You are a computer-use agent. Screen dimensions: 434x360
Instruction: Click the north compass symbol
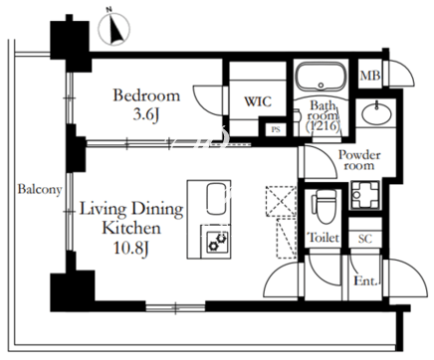pyautogui.click(x=114, y=29)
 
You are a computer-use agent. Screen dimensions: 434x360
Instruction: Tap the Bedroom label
pyautogui.click(x=146, y=95)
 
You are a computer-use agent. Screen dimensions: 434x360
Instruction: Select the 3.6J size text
pyautogui.click(x=146, y=114)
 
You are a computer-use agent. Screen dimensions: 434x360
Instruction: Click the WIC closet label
pyautogui.click(x=258, y=101)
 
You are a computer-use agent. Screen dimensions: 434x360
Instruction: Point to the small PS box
pyautogui.click(x=276, y=129)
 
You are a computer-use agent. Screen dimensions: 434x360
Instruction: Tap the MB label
pyautogui.click(x=370, y=76)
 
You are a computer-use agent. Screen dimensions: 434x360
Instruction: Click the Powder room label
pyautogui.click(x=359, y=160)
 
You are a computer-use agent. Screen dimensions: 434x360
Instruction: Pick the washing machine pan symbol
pyautogui.click(x=364, y=195)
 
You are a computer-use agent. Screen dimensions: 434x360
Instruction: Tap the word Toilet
pyautogui.click(x=324, y=238)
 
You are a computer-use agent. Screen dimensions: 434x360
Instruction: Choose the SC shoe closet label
pyautogui.click(x=365, y=239)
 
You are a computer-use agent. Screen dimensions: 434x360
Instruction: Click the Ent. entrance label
pyautogui.click(x=366, y=281)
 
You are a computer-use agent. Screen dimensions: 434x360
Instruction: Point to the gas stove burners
pyautogui.click(x=217, y=242)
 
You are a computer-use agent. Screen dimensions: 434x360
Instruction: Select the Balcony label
pyautogui.click(x=40, y=190)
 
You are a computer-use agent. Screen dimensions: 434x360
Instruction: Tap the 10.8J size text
pyautogui.click(x=131, y=249)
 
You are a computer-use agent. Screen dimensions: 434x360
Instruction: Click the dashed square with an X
pyautogui.click(x=281, y=201)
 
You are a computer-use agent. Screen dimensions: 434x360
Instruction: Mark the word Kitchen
pyautogui.click(x=131, y=228)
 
